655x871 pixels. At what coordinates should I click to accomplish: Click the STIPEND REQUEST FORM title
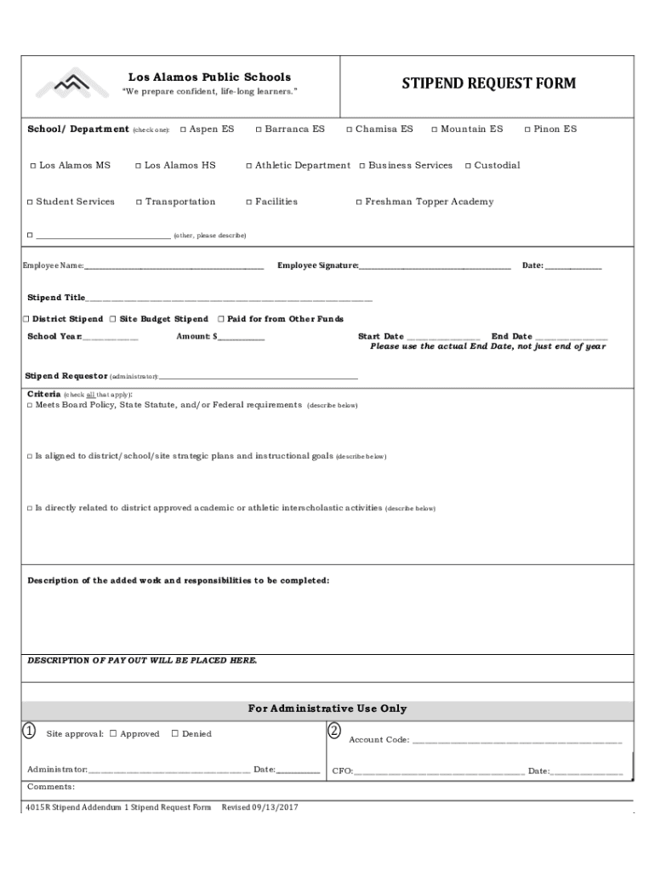pos(488,83)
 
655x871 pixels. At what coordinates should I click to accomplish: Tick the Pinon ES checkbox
pos(527,129)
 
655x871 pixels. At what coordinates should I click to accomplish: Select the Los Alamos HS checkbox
pos(138,166)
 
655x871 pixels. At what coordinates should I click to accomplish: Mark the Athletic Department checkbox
pos(248,166)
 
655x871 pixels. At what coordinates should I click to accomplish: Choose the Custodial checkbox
pos(467,166)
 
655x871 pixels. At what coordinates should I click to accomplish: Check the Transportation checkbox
pos(139,202)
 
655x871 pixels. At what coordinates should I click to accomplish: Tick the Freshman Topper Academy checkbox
pos(359,202)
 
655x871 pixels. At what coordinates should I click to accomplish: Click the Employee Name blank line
pos(174,266)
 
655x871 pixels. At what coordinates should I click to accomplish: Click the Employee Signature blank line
pos(435,266)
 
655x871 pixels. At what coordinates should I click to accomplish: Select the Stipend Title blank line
pos(229,299)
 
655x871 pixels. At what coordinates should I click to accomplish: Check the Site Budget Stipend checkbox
pos(112,319)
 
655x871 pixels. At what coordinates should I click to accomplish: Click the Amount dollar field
pos(242,338)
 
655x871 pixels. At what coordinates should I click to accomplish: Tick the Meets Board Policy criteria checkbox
pos(30,406)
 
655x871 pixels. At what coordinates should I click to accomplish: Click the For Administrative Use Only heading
pos(327,709)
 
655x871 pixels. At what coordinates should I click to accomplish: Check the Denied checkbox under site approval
pos(174,734)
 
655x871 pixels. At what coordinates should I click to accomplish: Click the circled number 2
pos(334,732)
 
